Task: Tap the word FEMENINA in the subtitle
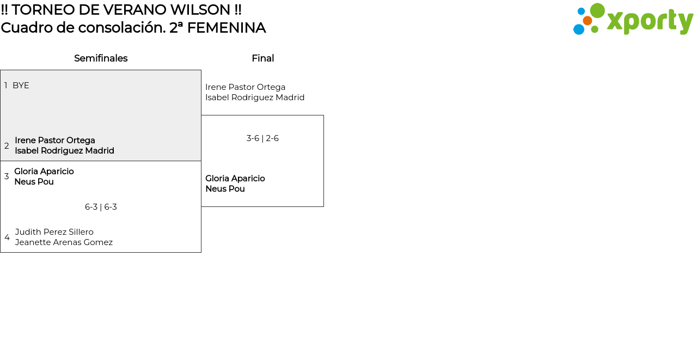[226, 28]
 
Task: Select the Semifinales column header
[101, 58]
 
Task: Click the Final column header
[262, 58]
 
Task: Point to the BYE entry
[21, 86]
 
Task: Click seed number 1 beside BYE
[6, 86]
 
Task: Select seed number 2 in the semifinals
[7, 146]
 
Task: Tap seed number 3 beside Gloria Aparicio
[7, 176]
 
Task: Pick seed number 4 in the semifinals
[7, 237]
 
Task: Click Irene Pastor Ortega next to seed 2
[55, 141]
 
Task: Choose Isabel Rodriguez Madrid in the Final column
[255, 97]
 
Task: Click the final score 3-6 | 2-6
[262, 138]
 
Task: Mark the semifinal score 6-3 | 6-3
[101, 207]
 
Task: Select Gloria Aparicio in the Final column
[235, 179]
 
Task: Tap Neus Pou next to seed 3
[34, 182]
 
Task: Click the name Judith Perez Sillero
[54, 232]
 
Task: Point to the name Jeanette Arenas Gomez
[64, 242]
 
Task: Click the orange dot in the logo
[588, 21]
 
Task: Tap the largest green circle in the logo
[597, 10]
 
